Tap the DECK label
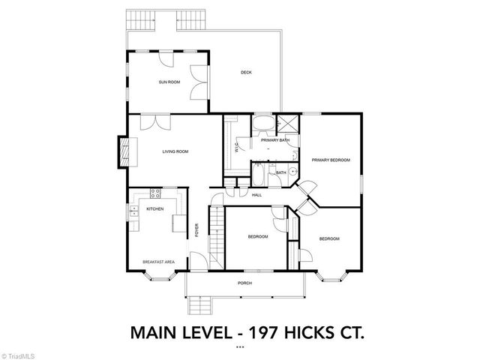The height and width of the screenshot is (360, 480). coord(246,73)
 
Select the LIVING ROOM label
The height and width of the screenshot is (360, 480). coord(175,152)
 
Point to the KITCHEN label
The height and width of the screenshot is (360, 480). coord(155,209)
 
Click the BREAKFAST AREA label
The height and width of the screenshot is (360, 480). coord(159,262)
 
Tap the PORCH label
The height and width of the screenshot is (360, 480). coord(244,283)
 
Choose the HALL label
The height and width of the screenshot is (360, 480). coord(256,195)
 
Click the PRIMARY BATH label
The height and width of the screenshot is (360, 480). coord(275,140)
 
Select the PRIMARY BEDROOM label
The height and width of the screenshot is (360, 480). coord(331,159)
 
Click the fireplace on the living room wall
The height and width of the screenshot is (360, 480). coord(124,153)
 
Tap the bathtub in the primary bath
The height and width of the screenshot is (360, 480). coord(263,124)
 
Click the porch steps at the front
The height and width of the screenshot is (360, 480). coord(199,305)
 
